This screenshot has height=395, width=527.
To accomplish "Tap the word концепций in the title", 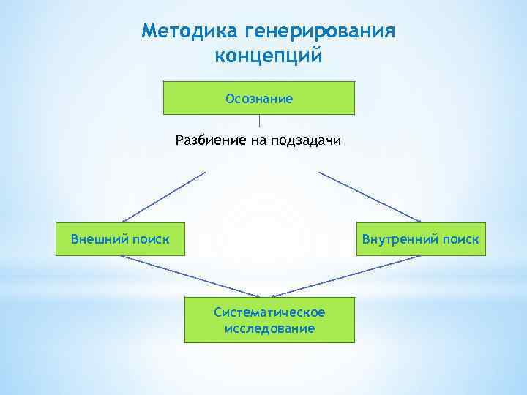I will coord(269,56).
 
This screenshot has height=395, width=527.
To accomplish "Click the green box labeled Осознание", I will coord(259,98).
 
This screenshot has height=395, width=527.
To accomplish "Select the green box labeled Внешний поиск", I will coord(120,238).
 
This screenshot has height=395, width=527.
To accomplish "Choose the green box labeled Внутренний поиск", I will coord(419,238).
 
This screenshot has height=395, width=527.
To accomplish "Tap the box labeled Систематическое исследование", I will coord(269,320).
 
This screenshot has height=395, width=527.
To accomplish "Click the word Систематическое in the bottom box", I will coord(269,312).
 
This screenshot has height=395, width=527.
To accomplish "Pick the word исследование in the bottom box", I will coord(269,328).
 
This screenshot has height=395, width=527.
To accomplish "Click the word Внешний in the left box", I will coord(100,238).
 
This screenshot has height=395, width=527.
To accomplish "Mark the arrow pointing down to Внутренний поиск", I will coord(370,197).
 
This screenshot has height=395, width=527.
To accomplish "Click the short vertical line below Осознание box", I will coord(259,121).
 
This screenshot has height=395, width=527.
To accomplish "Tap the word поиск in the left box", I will coord(149,238).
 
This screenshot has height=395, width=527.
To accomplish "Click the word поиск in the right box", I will coord(461,238).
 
